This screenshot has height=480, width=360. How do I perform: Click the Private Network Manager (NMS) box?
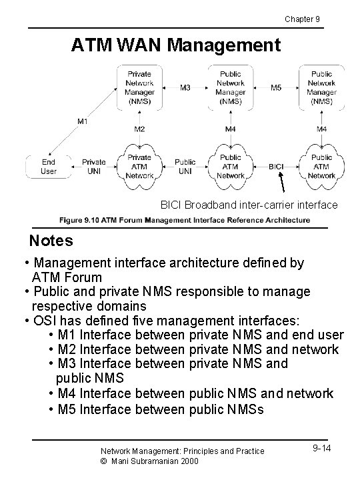139,87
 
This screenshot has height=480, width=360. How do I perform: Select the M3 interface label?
185,87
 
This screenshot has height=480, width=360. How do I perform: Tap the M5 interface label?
276,87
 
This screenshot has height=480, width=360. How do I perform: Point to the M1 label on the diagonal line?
82,121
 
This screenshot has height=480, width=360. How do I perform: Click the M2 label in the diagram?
139,129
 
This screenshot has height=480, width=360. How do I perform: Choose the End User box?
49,166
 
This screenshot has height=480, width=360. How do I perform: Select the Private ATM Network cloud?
139,166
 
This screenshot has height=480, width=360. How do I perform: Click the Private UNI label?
94,166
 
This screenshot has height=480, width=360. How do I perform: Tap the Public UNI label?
185,166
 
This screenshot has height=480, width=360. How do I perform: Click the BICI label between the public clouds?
277,166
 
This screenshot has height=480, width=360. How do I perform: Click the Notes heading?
51,240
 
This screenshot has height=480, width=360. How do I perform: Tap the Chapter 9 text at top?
302,19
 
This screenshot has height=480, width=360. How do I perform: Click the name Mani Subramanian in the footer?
145,461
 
